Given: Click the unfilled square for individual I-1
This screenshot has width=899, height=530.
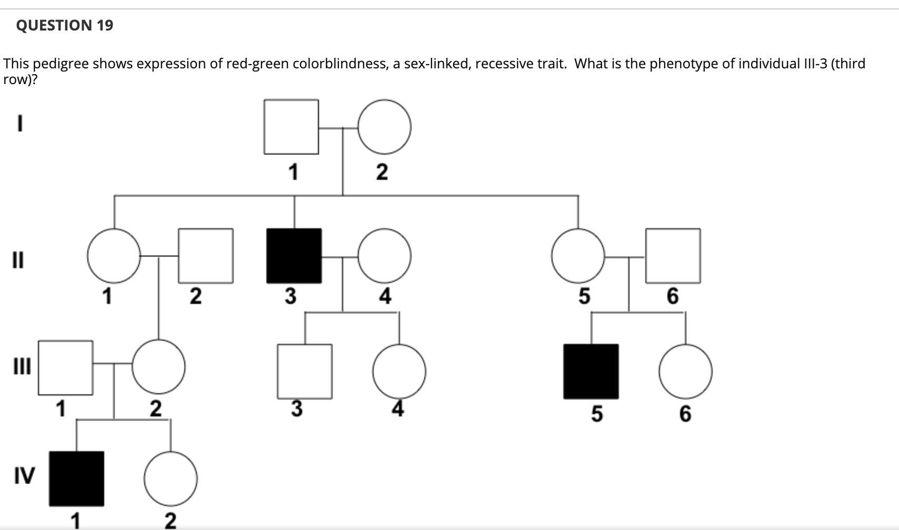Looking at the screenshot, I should pos(291,127).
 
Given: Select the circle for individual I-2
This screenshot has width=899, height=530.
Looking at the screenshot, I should pos(384,127).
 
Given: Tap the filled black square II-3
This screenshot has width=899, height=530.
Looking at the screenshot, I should pos(294,256).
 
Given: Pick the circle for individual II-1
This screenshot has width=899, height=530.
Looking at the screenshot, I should pos(114,256).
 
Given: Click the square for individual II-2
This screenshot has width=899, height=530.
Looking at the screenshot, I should pos(206,256).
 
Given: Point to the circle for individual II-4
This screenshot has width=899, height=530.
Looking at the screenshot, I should pos(385,256).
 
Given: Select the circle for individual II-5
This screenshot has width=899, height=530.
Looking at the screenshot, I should pos(578,256).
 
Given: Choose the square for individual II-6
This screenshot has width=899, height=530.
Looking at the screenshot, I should pos(673,256).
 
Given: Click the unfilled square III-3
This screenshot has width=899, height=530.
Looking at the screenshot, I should pos(305,371).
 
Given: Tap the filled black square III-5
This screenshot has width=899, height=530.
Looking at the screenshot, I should pos(591,371).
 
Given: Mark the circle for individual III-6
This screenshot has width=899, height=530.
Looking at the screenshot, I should pos(685,371).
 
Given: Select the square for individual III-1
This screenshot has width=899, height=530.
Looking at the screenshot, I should pos(65,368).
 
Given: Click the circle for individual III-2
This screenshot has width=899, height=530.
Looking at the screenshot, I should pos(158,366).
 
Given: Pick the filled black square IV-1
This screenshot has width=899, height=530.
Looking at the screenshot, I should pos(77,478).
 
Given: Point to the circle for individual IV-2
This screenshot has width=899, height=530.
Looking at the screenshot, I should pos(171,478).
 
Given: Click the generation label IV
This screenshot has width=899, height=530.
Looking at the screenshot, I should pos(24,476).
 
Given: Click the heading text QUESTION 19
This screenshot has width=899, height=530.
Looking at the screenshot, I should pos(65,25).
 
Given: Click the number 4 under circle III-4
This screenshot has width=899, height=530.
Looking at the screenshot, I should pos(398,409).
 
